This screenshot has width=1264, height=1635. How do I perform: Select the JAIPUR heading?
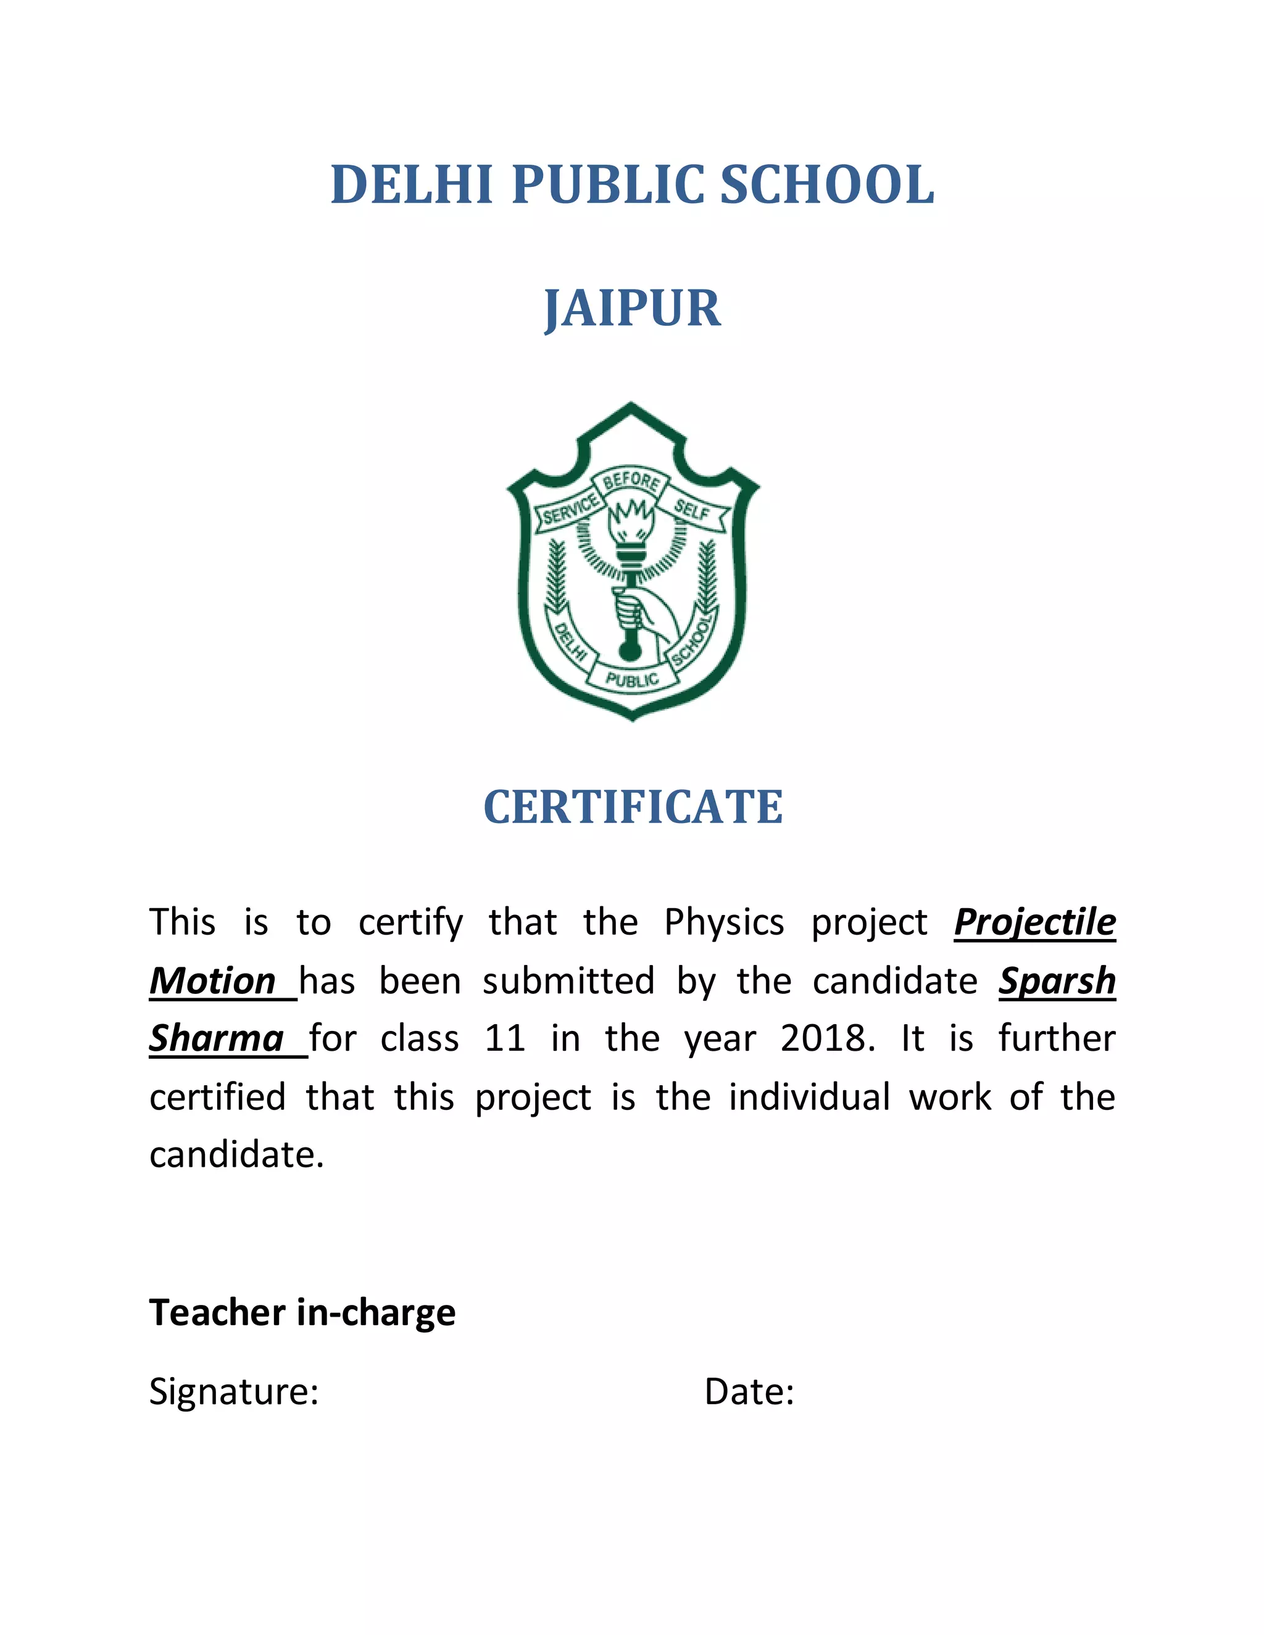(632, 308)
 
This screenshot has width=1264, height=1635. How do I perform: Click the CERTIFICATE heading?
(633, 807)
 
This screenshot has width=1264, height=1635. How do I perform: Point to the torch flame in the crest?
(631, 516)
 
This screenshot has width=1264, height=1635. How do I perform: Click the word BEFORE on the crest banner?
(631, 481)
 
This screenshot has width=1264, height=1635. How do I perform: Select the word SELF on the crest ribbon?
(692, 509)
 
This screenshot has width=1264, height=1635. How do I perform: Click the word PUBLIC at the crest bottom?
(633, 680)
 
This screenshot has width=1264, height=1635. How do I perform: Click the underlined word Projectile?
(1034, 922)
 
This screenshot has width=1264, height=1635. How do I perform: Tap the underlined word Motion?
(214, 981)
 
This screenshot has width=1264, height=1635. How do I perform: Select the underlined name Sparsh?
(1057, 981)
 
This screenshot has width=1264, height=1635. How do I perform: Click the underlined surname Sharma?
(217, 1038)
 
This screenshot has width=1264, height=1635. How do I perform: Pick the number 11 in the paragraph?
(505, 1039)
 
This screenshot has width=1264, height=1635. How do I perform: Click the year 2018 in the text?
(826, 1039)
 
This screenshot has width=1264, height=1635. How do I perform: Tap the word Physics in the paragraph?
(723, 922)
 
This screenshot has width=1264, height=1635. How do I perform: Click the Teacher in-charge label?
(302, 1312)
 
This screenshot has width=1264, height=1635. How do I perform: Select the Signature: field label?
(234, 1392)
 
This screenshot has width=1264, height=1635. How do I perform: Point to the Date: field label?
(749, 1392)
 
